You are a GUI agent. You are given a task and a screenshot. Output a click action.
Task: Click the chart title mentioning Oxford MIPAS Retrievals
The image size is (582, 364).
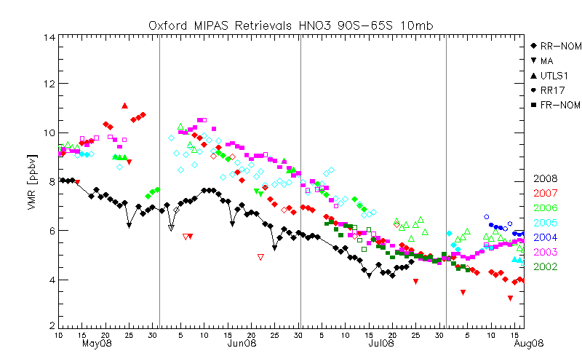(290, 25)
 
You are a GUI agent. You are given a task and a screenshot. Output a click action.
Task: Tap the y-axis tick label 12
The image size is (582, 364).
(47, 84)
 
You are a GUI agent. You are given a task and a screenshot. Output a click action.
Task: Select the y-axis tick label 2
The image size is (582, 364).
(49, 326)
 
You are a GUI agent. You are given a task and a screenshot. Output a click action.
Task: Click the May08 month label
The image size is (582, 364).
(96, 343)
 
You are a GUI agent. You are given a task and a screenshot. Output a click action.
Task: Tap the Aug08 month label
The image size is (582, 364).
(527, 343)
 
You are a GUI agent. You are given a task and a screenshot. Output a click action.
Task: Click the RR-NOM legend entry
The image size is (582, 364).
(554, 46)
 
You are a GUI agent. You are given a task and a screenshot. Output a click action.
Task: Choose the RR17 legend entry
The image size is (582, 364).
(550, 90)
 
